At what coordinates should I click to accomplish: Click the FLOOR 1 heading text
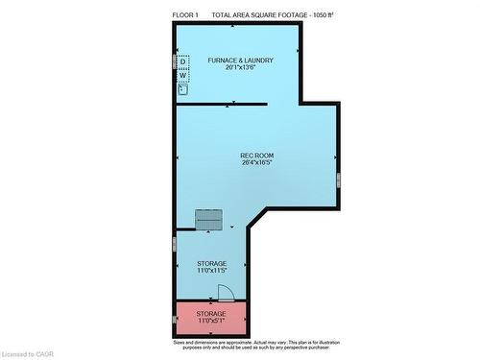[186, 15]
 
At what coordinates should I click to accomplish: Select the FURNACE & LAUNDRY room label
[241, 60]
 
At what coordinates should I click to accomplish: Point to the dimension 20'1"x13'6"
[241, 68]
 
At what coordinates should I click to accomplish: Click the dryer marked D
[183, 62]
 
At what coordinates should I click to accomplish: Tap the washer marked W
[183, 75]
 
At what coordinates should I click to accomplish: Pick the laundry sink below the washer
[182, 89]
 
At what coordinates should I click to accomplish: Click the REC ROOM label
[258, 156]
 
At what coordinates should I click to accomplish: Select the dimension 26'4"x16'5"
[258, 163]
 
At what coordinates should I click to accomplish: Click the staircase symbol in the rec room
[208, 220]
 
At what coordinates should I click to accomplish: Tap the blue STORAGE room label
[211, 262]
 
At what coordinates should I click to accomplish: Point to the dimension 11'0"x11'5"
[211, 270]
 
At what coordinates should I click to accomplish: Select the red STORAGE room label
[211, 313]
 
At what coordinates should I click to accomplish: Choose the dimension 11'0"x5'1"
[211, 321]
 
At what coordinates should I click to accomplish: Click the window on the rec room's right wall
[337, 179]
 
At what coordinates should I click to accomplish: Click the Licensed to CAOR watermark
[29, 352]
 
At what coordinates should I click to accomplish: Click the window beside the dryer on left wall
[175, 62]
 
